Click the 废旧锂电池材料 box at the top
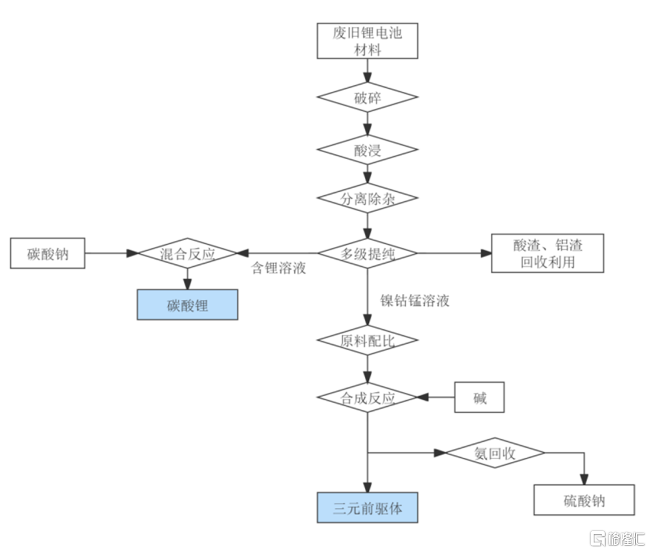[367, 41]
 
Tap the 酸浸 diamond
[367, 150]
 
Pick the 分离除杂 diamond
[367, 199]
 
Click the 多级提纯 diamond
[367, 253]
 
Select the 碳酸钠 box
[47, 253]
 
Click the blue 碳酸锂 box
[187, 305]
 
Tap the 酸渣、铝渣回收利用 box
[547, 253]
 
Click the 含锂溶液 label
[278, 268]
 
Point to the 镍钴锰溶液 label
[415, 301]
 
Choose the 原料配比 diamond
[367, 341]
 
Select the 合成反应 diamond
[367, 397]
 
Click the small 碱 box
[479, 397]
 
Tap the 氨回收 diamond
[495, 452]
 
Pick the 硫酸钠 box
[583, 500]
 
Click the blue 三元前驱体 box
[367, 508]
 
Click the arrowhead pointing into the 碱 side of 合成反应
[422, 397]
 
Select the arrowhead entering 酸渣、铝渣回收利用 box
[486, 253]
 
